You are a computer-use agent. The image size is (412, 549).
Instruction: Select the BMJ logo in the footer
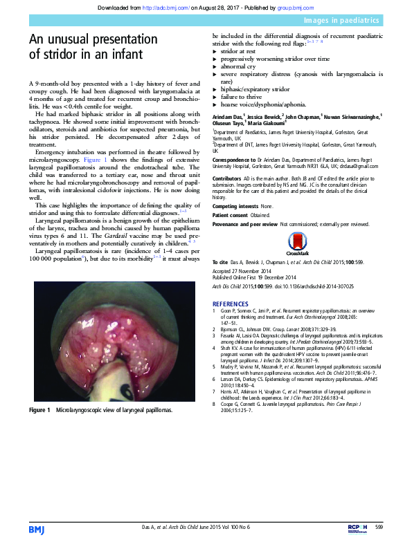pyautogui.click(x=36, y=529)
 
